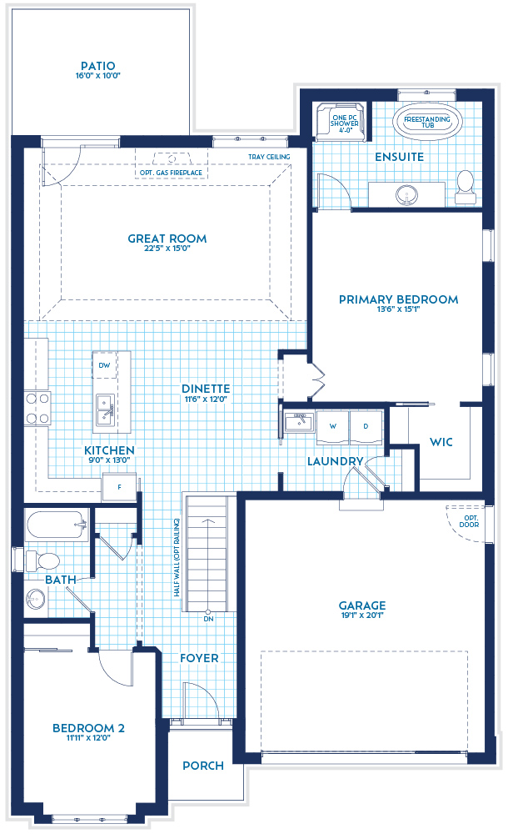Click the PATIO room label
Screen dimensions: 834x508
pyautogui.click(x=97, y=66)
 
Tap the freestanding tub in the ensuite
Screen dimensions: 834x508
pyautogui.click(x=426, y=121)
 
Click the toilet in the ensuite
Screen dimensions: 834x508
pyautogui.click(x=465, y=184)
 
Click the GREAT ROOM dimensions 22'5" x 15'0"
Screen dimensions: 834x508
pyautogui.click(x=167, y=251)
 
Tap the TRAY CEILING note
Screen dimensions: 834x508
pyautogui.click(x=268, y=157)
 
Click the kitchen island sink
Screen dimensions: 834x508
pyautogui.click(x=105, y=408)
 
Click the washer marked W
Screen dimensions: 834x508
pyautogui.click(x=333, y=425)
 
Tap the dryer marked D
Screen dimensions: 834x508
pyautogui.click(x=365, y=425)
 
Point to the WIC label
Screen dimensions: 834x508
pyautogui.click(x=441, y=442)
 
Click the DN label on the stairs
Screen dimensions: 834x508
pyautogui.click(x=208, y=618)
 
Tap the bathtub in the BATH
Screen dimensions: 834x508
pyautogui.click(x=57, y=525)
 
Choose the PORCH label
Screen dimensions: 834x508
pyautogui.click(x=202, y=766)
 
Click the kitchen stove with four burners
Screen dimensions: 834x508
pyautogui.click(x=37, y=409)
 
